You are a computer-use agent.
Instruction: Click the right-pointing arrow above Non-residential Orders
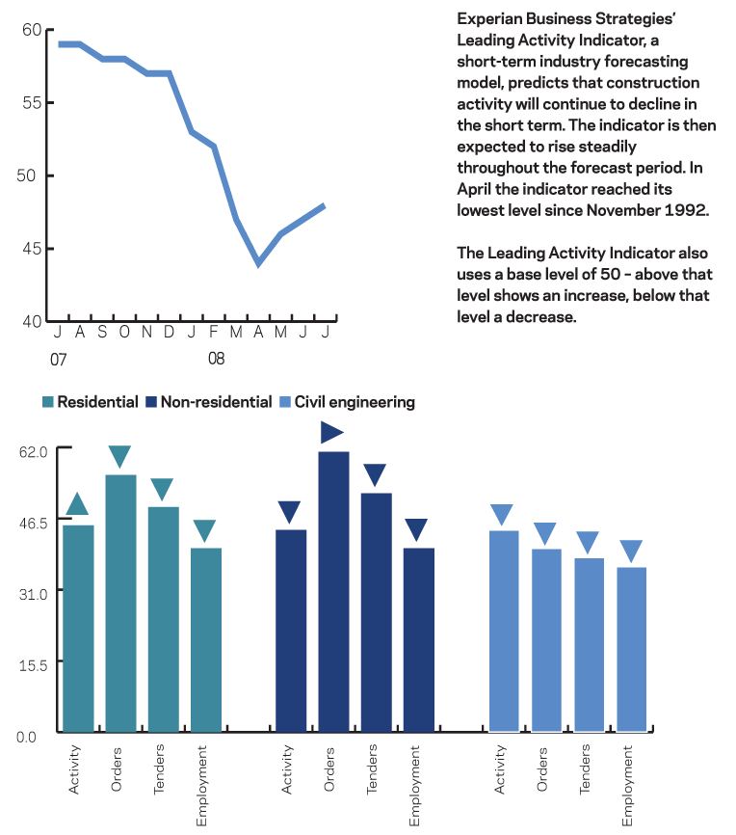click(x=332, y=432)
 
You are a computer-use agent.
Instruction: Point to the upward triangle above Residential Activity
click(x=78, y=503)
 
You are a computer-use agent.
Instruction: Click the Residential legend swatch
click(x=48, y=402)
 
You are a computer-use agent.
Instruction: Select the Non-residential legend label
click(x=216, y=402)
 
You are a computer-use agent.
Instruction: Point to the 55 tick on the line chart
click(x=31, y=102)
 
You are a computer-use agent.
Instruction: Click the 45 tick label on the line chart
click(x=31, y=248)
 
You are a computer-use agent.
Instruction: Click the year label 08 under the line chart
click(x=217, y=359)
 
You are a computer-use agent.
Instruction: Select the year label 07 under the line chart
click(x=59, y=359)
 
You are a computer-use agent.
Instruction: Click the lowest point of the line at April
click(x=258, y=262)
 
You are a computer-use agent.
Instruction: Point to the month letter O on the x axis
click(x=124, y=333)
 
